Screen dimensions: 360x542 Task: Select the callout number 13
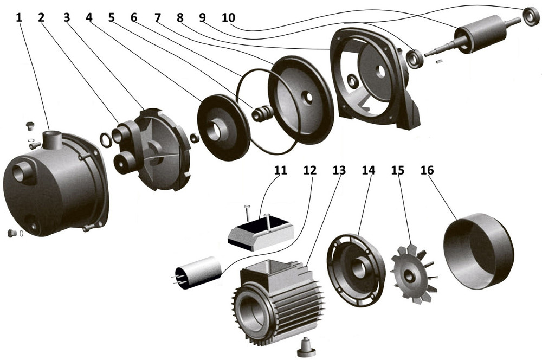pos(339,170)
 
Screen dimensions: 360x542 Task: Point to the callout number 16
pos(427,170)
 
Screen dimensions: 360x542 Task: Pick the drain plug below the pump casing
pos(11,233)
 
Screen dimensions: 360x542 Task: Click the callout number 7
pos(158,17)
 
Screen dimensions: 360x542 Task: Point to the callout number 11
pos(280,170)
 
